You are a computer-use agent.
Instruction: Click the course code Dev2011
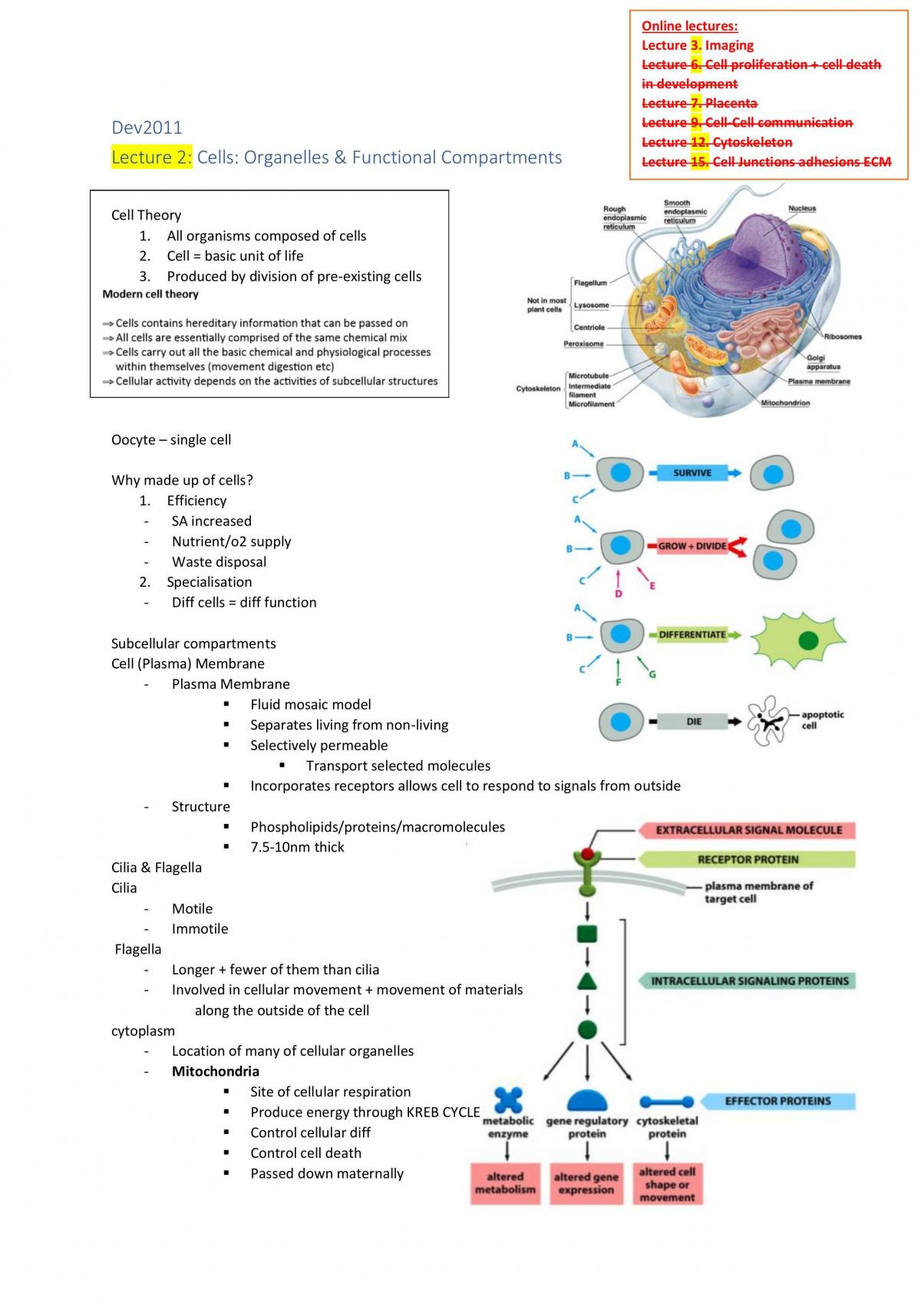[147, 127]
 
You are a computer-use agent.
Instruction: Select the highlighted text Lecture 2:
[151, 157]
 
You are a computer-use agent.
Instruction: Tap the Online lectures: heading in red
[689, 26]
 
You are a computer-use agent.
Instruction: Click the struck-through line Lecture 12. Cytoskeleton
[717, 142]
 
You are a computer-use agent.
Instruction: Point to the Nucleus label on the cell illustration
[802, 208]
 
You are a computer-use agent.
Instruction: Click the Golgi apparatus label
[823, 362]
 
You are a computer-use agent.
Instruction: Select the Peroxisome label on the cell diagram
[583, 344]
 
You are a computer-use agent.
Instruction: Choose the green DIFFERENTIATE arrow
[695, 635]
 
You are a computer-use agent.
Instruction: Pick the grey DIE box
[694, 721]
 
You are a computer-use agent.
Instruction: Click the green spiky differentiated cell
[797, 640]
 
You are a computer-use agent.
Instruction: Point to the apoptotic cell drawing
[767, 721]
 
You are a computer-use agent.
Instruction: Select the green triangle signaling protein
[587, 982]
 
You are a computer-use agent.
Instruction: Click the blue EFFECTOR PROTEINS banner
[777, 1100]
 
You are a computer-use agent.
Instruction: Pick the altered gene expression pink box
[586, 1184]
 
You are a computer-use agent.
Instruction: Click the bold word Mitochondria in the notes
[215, 1071]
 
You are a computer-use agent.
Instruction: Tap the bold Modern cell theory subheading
[150, 294]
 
